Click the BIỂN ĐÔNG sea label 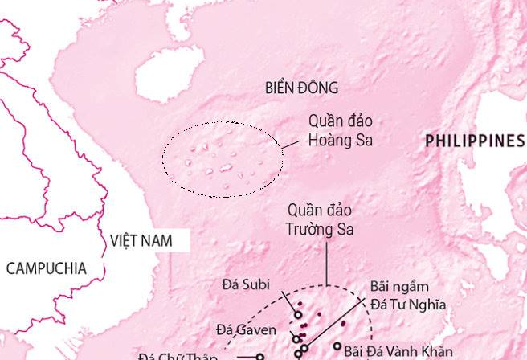[301, 88]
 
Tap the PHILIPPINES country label [474, 141]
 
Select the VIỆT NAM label [141, 240]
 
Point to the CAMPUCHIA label [46, 268]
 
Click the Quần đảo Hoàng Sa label [341, 130]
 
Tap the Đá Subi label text [246, 284]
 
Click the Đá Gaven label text [247, 329]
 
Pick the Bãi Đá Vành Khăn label [386, 351]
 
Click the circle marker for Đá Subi [297, 315]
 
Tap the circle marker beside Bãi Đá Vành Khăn [337, 346]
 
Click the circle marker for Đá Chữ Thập [259, 356]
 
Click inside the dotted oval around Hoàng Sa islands [223, 158]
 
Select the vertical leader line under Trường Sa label [326, 261]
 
